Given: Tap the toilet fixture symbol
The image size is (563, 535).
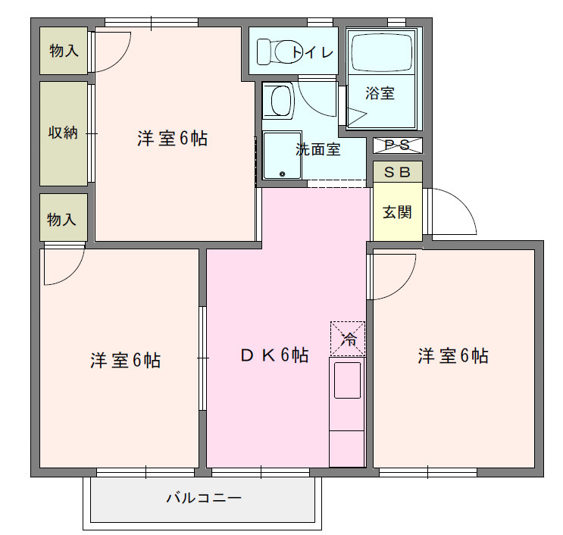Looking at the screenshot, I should [276, 52].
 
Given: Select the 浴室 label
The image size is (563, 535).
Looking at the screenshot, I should [380, 93].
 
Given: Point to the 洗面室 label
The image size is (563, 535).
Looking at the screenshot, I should [317, 149].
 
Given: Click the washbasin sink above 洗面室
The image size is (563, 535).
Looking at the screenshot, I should [280, 101].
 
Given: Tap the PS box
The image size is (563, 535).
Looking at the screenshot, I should [397, 145].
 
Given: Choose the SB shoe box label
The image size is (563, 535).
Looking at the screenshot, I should [397, 172].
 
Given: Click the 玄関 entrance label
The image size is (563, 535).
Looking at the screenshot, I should [397, 212].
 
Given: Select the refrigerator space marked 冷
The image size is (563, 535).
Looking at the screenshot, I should [348, 338].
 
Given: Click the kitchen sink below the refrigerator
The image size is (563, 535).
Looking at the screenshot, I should [347, 380].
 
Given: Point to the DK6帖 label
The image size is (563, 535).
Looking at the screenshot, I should [274, 355].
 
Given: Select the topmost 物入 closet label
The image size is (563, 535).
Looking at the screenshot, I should [64, 51].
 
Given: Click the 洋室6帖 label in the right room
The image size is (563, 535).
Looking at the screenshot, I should [452, 355].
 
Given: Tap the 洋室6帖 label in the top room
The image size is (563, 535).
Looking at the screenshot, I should [173, 139].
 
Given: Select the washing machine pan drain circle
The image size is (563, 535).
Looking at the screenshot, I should [282, 174].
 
